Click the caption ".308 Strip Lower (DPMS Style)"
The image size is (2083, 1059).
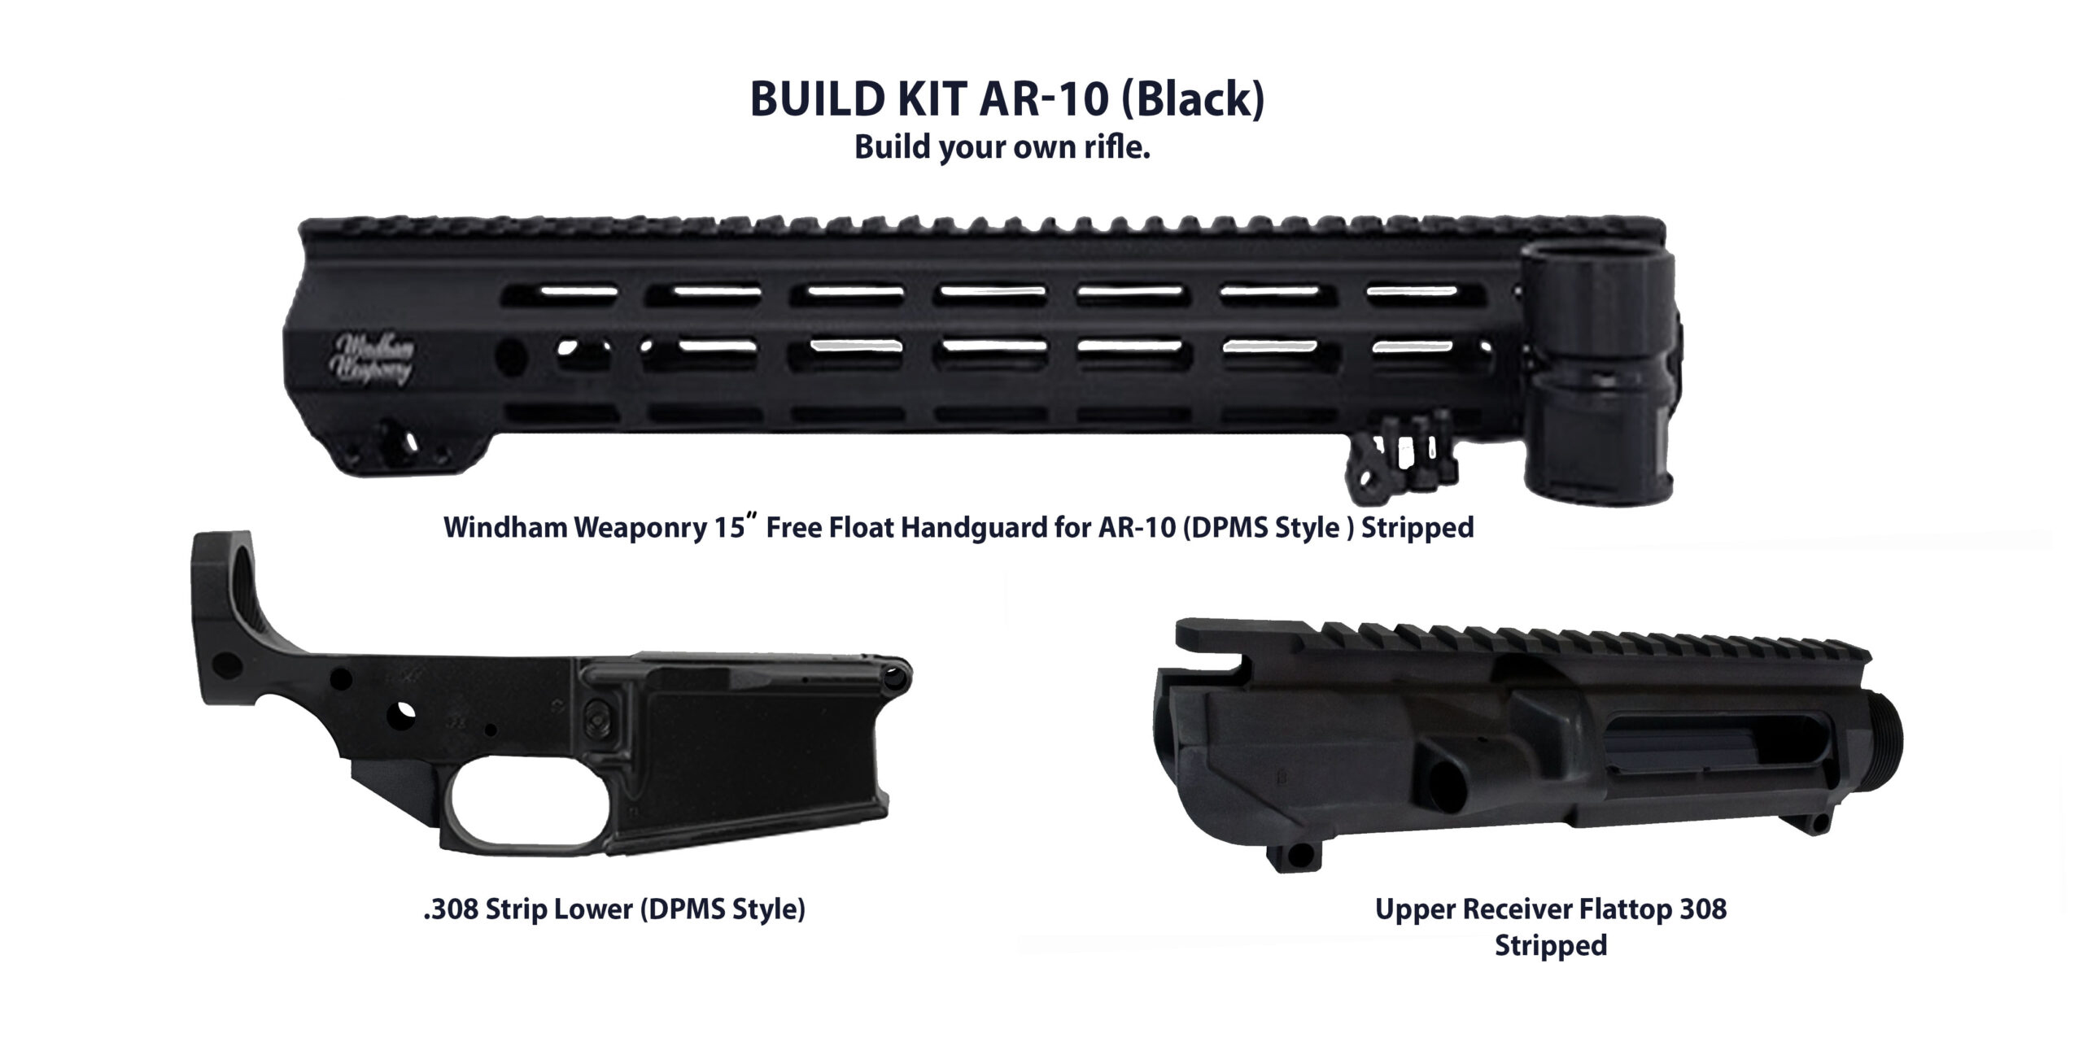[614, 909]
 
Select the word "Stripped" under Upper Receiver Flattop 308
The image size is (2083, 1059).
[1550, 945]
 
